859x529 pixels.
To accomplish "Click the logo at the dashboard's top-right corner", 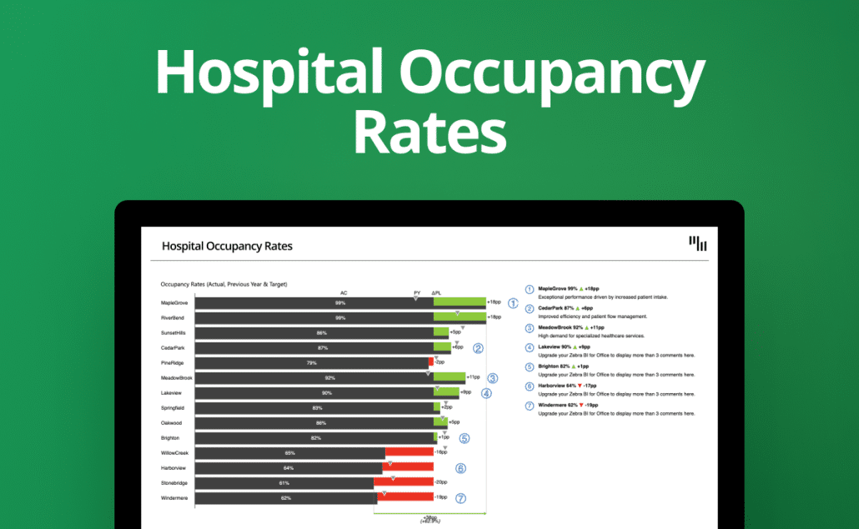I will coord(698,243).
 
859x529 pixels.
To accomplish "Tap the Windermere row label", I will coord(174,497).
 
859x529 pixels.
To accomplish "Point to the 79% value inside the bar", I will coord(312,362).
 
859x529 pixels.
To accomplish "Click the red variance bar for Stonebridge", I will coord(404,482).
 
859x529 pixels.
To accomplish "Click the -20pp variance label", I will coord(441,482).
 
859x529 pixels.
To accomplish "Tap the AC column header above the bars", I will coord(344,293).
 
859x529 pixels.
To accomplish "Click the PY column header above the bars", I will coord(417,293).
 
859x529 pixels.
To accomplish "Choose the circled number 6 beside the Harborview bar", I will coord(460,468).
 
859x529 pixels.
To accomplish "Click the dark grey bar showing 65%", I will coord(290,452).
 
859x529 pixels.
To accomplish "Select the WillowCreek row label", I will coord(175,452).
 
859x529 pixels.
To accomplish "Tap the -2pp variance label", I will coord(440,362).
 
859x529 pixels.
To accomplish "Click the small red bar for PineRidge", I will coord(431,362).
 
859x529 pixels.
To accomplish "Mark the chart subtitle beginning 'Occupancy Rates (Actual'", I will coord(224,284).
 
